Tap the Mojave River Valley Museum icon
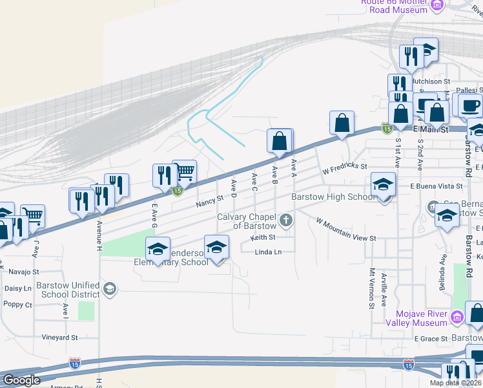[457, 317]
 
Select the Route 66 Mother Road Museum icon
[437, 6]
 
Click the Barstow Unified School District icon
[109, 289]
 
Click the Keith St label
[263, 237]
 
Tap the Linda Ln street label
[268, 252]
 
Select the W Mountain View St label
[345, 230]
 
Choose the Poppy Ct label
[18, 304]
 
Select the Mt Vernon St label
[372, 288]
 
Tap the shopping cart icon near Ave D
[184, 171]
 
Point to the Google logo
[21, 380]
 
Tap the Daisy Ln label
[18, 288]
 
